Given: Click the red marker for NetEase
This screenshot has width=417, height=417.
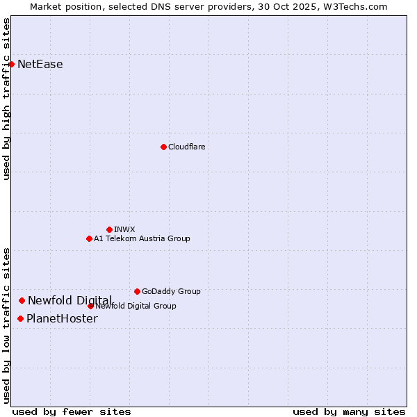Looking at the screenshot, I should point(11,64).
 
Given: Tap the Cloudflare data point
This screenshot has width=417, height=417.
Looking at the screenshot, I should point(163,147).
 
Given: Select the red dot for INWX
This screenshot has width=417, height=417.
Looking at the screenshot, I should point(109,229).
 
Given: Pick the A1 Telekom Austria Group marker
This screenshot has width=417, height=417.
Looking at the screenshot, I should point(89,238).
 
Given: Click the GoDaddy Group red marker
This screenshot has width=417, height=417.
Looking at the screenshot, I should point(137,291).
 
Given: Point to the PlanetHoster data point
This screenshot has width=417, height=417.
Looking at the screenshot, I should point(20,318).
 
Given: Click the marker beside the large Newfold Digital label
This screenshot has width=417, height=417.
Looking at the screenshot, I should point(22,300).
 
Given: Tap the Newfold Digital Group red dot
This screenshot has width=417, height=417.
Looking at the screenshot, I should point(90,306).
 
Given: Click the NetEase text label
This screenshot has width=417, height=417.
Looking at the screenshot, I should point(40,65).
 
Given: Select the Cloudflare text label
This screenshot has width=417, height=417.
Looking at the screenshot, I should point(186,147).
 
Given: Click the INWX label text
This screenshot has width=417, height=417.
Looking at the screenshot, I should point(124,229).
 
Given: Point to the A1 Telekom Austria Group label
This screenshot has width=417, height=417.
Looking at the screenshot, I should point(142,238).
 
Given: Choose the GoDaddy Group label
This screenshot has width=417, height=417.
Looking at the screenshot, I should point(171,291).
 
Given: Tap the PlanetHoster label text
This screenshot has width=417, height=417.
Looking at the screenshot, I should point(62,319).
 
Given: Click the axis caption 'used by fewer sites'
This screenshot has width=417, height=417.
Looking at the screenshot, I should point(72,411).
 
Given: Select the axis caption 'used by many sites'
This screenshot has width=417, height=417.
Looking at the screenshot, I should point(349,411).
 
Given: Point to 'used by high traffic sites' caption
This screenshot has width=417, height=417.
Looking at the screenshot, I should point(7,99).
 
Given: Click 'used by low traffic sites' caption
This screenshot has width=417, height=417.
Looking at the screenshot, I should point(7,325).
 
